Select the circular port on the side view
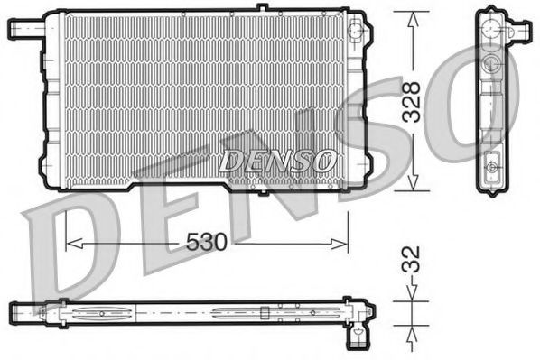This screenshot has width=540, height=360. (492, 64)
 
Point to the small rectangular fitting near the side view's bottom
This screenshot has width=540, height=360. (493, 166)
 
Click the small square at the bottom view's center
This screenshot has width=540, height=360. (264, 314)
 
